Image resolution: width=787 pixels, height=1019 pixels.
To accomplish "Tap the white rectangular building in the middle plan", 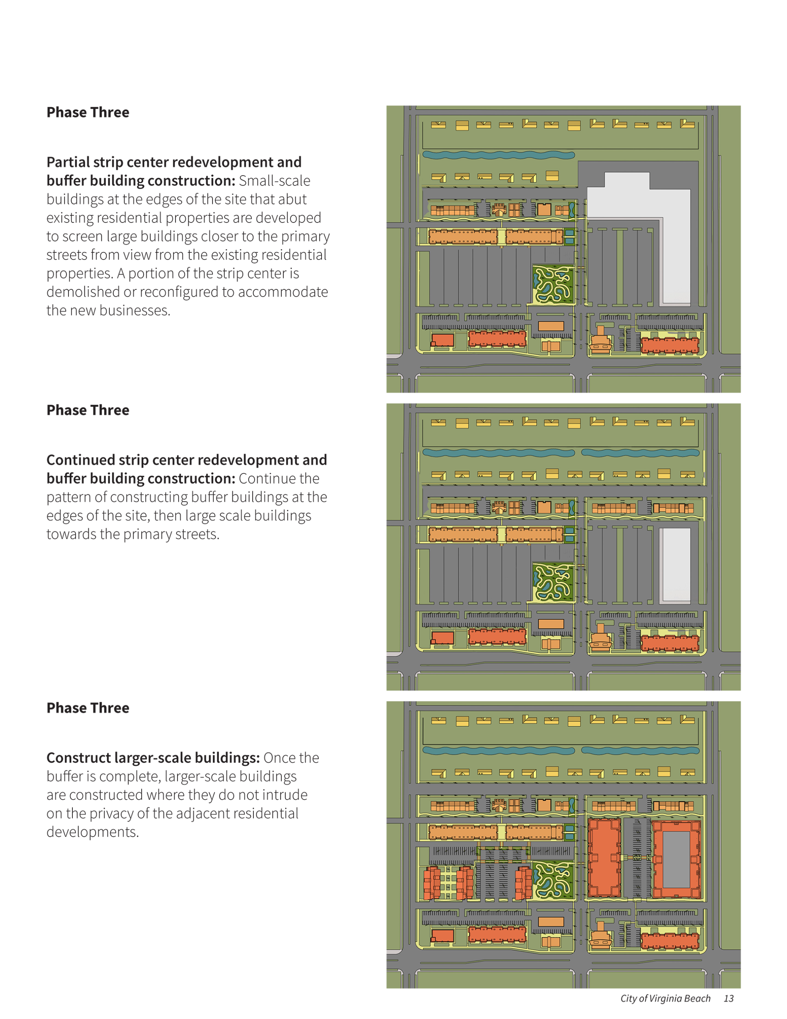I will (674, 564).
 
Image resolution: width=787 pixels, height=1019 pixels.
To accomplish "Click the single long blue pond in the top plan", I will (498, 155).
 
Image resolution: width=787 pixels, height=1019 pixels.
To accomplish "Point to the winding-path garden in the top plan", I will (553, 285).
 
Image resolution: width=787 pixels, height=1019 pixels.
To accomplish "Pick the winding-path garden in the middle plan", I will (553, 582).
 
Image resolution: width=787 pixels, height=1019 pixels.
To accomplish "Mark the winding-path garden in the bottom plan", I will (553, 880).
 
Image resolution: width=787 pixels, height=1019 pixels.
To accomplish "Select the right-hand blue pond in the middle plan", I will (640, 453).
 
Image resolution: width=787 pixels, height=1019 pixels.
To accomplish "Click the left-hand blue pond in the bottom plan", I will (498, 750).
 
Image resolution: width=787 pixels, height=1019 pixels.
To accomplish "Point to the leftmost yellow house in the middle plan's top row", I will (438, 422).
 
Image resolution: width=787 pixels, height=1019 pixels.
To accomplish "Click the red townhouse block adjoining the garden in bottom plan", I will (524, 883).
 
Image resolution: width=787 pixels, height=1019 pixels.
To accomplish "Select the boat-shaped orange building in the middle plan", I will (600, 639).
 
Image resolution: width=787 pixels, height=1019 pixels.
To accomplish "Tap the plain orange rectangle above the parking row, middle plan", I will (551, 624).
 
